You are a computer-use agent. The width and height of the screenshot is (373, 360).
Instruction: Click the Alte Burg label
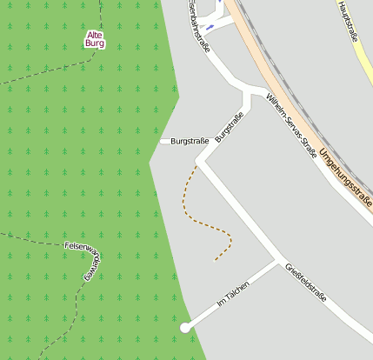[95, 38]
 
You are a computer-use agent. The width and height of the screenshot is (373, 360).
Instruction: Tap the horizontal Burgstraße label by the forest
[189, 141]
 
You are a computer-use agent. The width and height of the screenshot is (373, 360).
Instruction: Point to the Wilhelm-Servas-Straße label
[291, 127]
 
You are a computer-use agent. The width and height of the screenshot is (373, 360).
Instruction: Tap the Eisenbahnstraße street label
[199, 26]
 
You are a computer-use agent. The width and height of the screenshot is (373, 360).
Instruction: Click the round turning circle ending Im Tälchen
[185, 327]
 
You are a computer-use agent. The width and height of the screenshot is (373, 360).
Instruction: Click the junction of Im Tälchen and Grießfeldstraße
[278, 260]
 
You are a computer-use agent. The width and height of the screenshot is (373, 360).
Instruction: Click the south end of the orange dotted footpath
[216, 260]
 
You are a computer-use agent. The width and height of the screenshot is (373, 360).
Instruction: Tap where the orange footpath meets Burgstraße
[197, 165]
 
